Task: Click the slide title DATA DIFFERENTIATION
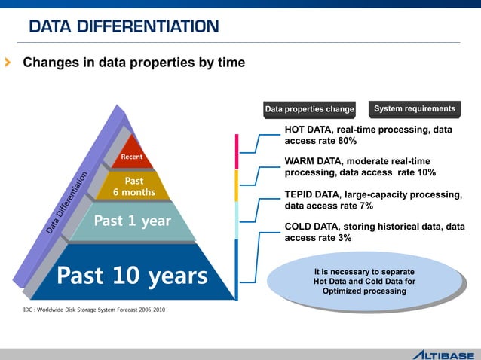click(x=124, y=27)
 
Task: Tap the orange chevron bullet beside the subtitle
click(x=8, y=63)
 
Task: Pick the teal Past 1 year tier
click(x=132, y=221)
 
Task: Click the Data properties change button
click(x=309, y=110)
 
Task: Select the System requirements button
click(x=415, y=109)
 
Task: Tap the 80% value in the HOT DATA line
click(x=345, y=141)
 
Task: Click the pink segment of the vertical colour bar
click(x=236, y=151)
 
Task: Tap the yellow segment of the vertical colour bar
click(x=236, y=185)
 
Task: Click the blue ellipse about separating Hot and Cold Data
click(x=364, y=281)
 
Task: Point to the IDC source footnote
click(x=94, y=310)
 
